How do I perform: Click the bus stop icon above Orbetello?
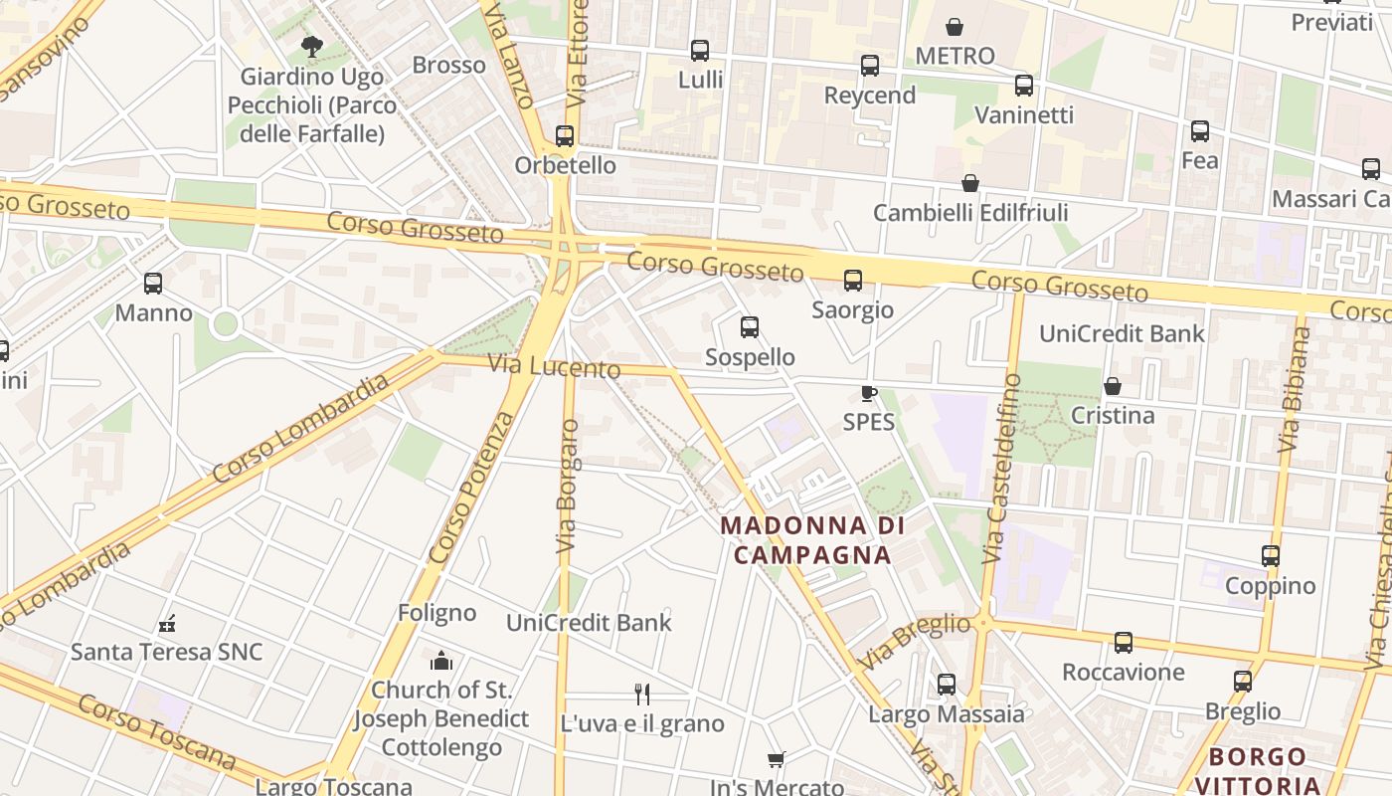(565, 135)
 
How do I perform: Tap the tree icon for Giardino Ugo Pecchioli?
(311, 46)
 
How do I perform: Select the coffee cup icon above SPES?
(868, 393)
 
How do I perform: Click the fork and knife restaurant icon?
(642, 694)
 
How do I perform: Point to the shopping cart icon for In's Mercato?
(777, 759)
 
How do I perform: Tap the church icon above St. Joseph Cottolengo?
(441, 661)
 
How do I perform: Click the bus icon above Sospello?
(750, 327)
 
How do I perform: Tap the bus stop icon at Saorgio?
(852, 281)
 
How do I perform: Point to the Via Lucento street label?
(555, 366)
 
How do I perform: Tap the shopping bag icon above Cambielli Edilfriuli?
(969, 183)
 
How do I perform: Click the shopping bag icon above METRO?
(955, 27)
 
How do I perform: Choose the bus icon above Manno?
(153, 284)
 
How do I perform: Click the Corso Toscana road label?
(156, 733)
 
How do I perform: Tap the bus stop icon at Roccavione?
(1123, 643)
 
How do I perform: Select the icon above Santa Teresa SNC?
(167, 624)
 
